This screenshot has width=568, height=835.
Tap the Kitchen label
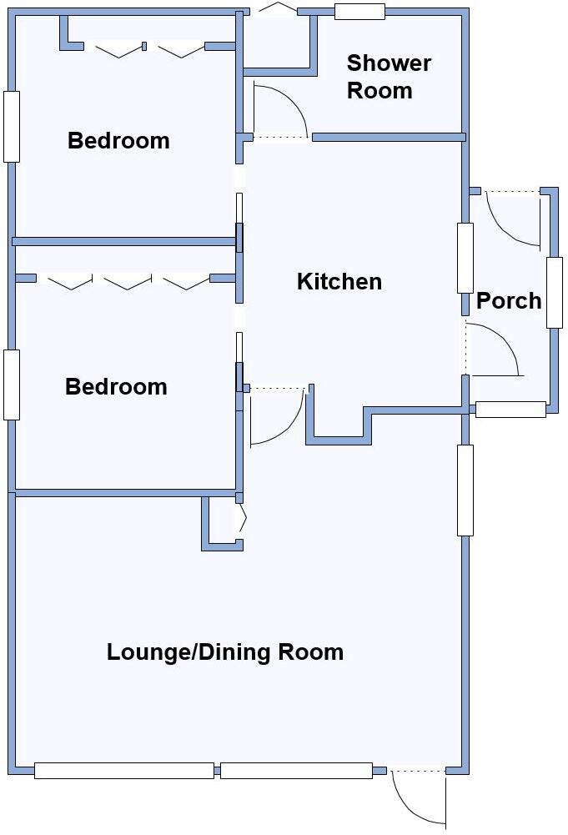339,282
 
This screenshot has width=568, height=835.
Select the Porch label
509,301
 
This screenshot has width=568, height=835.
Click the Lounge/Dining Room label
225,652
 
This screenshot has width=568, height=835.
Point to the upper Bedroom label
118,141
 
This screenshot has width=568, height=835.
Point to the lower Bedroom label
116,387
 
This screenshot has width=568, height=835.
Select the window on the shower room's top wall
359,12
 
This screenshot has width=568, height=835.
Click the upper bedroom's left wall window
12,126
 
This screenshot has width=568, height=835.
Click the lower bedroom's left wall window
12,385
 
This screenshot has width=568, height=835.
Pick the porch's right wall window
554,292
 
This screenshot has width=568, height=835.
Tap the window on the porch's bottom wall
510,410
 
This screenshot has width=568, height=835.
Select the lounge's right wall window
465,490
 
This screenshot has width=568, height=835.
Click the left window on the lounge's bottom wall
123,771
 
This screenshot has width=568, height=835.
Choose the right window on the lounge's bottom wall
296,771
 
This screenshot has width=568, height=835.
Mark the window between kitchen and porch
465,258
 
